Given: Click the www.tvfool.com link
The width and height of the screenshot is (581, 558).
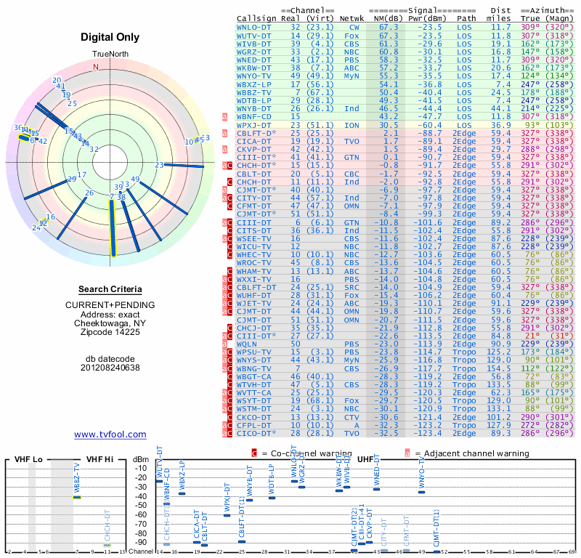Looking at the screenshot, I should (110, 434).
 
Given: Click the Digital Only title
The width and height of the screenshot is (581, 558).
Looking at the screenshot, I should (110, 37).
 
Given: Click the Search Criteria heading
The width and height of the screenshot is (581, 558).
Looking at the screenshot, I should (110, 289).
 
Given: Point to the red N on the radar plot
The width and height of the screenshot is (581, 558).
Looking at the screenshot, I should (95, 67).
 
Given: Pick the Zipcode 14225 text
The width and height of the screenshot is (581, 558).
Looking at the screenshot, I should (110, 332).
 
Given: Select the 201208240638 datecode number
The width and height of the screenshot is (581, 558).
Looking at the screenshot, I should (110, 367).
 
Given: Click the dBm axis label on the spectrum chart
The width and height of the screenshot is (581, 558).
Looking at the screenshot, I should (139, 459).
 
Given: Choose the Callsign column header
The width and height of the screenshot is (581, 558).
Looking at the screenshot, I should (256, 17).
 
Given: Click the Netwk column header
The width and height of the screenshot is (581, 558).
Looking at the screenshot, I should (352, 17).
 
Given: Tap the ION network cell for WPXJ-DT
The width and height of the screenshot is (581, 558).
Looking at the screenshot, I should (352, 125).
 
